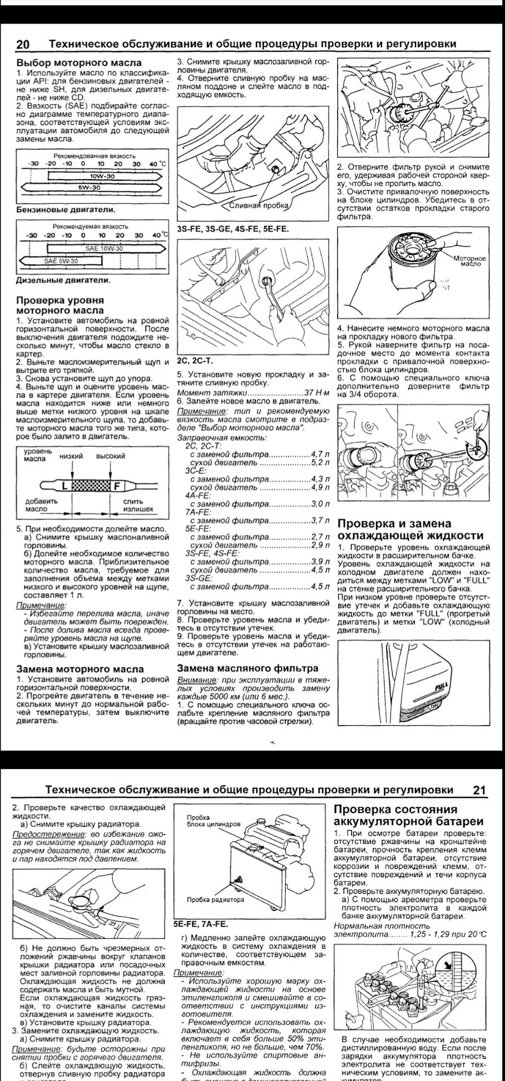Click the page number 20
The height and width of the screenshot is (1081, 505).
pos(25,44)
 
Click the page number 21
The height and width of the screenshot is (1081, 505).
pos(479,790)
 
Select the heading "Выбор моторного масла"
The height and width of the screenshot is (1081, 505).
pos(79,63)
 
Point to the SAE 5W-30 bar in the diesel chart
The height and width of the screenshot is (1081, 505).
pos(61,261)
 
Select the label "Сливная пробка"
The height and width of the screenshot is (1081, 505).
pos(259,206)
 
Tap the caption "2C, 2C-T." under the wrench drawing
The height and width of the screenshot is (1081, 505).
pos(195,360)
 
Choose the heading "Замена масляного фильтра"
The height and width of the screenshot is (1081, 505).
pos(248,668)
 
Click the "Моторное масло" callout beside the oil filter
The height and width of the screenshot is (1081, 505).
pos(469,260)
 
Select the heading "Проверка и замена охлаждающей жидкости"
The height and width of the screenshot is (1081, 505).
pos(410,529)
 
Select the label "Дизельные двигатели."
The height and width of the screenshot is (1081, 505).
pos(63,280)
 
